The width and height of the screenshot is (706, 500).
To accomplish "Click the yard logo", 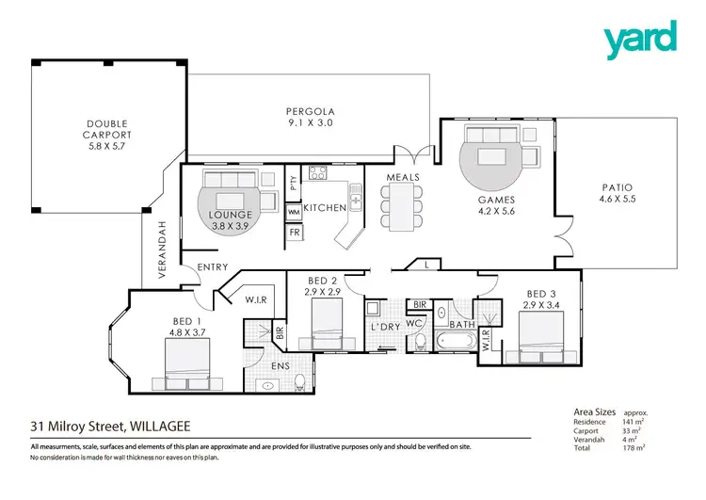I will [x=639, y=37].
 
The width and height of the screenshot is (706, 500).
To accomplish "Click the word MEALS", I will [x=402, y=177].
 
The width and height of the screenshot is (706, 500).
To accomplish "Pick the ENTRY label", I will [x=212, y=268].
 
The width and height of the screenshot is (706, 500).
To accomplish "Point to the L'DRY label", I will [x=386, y=326].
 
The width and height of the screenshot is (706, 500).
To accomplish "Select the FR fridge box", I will [x=294, y=231].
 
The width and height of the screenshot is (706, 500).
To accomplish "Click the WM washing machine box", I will [x=294, y=212].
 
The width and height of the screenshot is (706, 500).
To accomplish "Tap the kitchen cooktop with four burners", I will [x=317, y=172].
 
